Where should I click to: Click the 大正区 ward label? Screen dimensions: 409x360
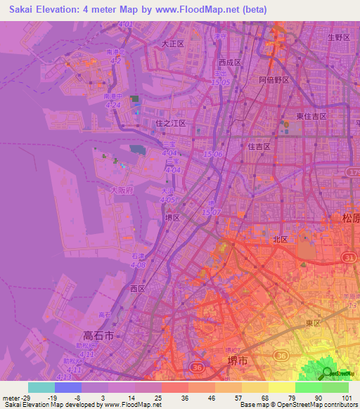pos(172,44)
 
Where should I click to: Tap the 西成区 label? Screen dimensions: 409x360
pos(230,62)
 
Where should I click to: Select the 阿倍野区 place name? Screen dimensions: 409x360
pos(274,80)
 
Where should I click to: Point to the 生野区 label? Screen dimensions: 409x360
pos(337,37)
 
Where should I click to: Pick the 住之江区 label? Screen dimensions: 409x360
pos(169,123)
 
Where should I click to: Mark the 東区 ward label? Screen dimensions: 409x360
pos(313,323)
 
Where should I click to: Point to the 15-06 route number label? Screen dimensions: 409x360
pos(212,154)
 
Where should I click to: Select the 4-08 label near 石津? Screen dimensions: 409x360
pos(139,265)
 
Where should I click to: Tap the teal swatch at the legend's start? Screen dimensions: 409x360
pos(41,387)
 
